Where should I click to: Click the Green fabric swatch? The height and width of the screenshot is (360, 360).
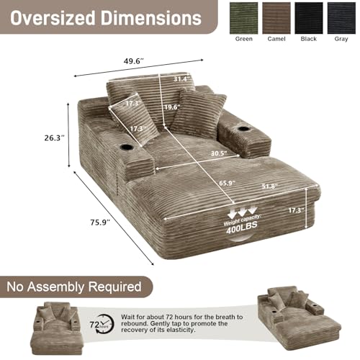243,18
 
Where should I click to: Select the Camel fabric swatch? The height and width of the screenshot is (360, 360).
276,18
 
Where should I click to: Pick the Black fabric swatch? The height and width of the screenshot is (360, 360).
309,18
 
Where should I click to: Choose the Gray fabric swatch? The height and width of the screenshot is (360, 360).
341,18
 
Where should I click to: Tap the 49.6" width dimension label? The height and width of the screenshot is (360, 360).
134,61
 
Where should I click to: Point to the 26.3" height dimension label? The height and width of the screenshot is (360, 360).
55,138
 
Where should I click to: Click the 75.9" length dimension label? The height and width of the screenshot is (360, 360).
100,222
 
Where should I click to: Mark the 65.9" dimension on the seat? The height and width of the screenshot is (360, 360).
227,183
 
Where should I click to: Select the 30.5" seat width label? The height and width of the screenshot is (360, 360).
219,153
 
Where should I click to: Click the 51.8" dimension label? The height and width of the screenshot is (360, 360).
269,186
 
